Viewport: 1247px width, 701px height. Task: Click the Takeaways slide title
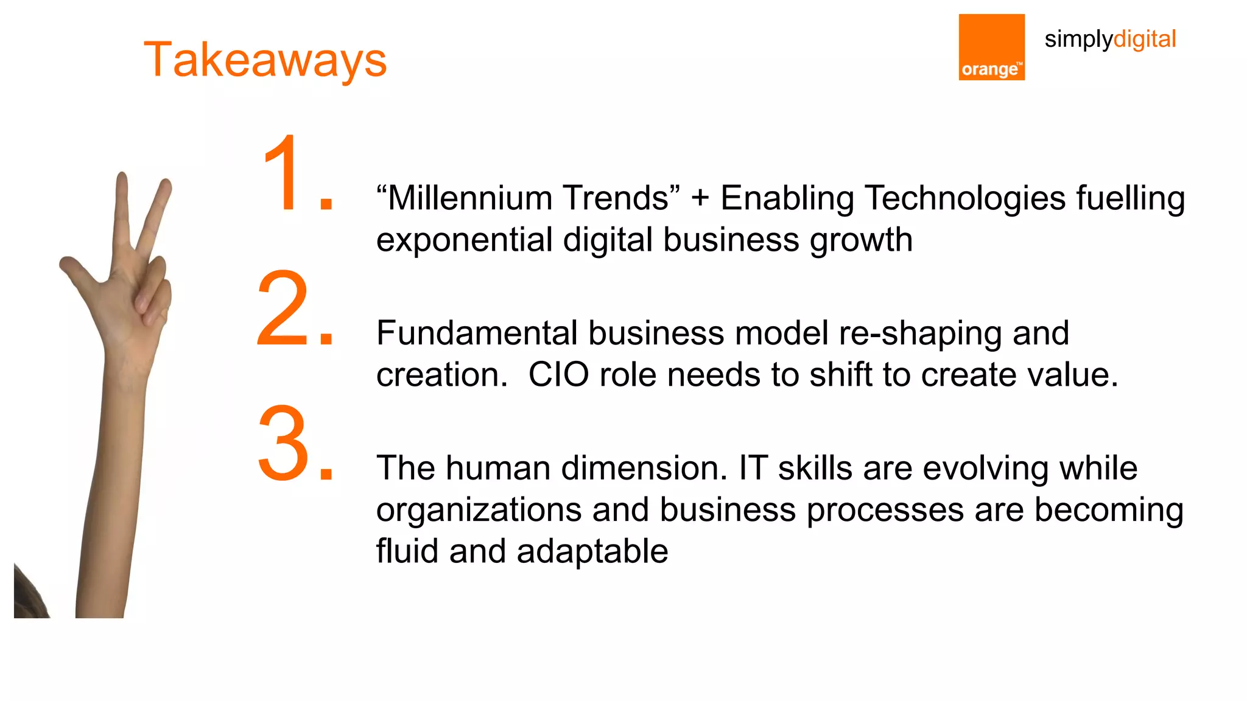pyautogui.click(x=265, y=60)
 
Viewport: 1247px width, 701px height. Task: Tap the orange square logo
pyautogui.click(x=991, y=47)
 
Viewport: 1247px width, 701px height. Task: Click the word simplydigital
pyautogui.click(x=1109, y=40)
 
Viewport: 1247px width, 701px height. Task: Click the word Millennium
pyautogui.click(x=468, y=198)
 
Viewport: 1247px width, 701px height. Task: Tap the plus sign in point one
pyautogui.click(x=700, y=198)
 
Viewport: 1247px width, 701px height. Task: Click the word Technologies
pyautogui.click(x=964, y=198)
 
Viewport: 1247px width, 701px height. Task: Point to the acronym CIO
pyautogui.click(x=558, y=375)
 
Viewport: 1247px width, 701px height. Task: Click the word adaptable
pyautogui.click(x=592, y=551)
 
